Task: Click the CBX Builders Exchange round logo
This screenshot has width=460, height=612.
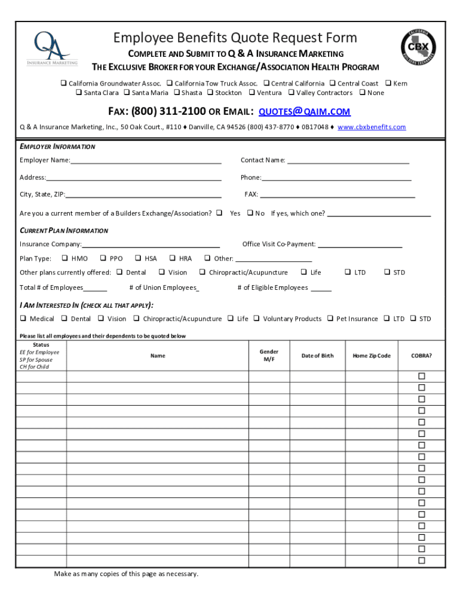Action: (x=418, y=48)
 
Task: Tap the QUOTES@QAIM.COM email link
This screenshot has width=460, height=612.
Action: (x=304, y=112)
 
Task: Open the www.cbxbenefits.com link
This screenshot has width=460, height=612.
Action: (x=371, y=127)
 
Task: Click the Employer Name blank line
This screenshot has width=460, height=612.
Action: (x=146, y=161)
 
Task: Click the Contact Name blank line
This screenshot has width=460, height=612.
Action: (x=348, y=161)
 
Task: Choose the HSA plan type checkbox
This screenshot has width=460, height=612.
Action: (x=138, y=259)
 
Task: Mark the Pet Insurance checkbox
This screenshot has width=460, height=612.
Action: (x=330, y=319)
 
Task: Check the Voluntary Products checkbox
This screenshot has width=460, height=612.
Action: (x=256, y=319)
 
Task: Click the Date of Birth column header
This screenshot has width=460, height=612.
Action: (x=317, y=356)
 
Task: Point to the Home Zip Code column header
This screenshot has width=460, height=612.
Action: (x=371, y=356)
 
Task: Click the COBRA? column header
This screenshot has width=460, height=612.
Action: (x=421, y=356)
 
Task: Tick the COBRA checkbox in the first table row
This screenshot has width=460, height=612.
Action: (x=421, y=377)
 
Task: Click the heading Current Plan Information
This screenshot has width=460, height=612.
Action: (x=64, y=231)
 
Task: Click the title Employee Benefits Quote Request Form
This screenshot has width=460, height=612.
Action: (x=235, y=38)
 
